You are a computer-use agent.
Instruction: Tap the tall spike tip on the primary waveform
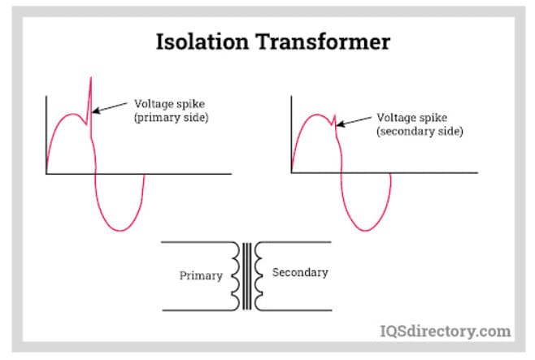click(91, 78)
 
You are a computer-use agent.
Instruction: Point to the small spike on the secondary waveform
click(334, 117)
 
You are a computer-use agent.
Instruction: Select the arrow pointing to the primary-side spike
click(110, 106)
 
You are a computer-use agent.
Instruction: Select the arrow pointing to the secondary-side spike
click(354, 120)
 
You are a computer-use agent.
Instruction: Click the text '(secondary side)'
click(420, 131)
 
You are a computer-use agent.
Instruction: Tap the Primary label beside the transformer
click(201, 275)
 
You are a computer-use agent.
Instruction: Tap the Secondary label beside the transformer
click(300, 272)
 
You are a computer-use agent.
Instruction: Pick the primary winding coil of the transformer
click(237, 275)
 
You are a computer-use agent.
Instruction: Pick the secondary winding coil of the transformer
click(258, 275)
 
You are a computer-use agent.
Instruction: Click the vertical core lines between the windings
click(247, 275)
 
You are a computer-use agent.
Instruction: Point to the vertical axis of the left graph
click(46, 134)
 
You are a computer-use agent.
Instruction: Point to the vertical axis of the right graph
click(291, 134)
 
